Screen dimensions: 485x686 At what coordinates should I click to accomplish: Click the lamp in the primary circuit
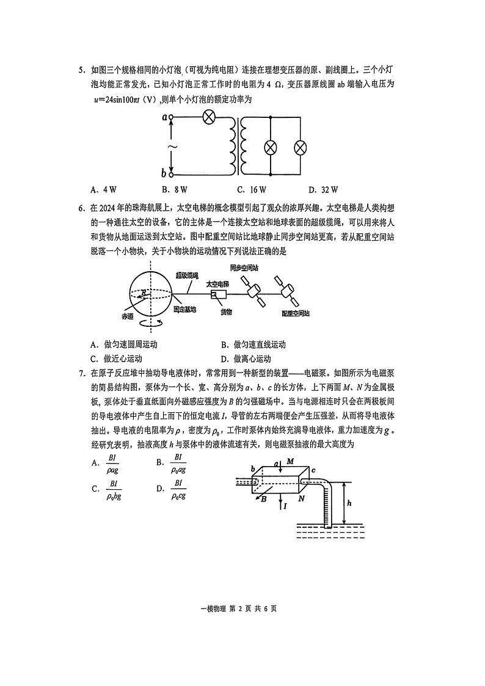click(x=208, y=118)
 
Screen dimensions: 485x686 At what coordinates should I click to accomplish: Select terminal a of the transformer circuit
click(x=171, y=117)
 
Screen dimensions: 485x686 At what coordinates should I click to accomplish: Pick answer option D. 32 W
click(x=323, y=190)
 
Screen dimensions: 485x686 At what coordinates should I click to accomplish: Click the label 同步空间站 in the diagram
click(x=243, y=268)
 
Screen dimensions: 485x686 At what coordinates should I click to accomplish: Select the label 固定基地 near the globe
click(x=184, y=310)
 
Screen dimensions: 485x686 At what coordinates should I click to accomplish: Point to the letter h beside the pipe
click(x=348, y=503)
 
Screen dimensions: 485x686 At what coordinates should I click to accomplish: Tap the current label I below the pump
click(x=285, y=506)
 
